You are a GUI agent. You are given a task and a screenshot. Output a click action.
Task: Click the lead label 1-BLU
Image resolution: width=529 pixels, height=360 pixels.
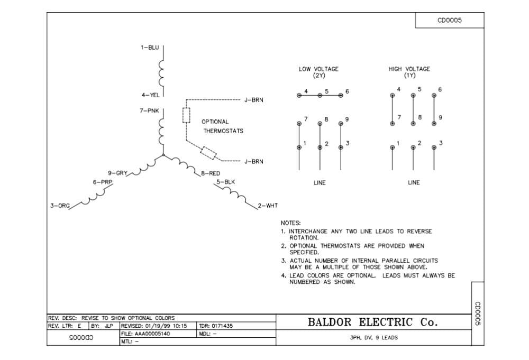point(150,48)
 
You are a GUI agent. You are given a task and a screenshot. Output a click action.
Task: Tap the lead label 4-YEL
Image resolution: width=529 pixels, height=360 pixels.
point(150,95)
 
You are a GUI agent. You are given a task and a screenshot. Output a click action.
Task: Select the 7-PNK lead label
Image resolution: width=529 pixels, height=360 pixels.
point(150,110)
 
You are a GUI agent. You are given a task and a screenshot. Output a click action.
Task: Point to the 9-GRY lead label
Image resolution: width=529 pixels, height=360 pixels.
point(117,173)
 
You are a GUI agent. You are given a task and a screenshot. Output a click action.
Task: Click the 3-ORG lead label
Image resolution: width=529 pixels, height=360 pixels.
point(60,206)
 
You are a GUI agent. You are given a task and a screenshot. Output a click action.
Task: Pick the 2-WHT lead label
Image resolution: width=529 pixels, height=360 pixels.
point(268,206)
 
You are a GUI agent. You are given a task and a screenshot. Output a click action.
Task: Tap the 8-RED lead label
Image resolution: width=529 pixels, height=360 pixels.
point(211,173)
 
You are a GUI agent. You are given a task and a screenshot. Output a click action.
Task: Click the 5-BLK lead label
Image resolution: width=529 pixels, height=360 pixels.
point(225,182)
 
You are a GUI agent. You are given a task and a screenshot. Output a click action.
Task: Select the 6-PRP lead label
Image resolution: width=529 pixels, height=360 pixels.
point(103,182)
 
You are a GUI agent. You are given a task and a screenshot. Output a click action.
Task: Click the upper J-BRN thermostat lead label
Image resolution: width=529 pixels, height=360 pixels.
point(254,99)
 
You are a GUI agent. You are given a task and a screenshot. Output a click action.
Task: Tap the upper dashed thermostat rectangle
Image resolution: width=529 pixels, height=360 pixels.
point(186,115)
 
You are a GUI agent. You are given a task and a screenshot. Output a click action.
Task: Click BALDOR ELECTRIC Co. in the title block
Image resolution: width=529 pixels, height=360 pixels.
point(372,322)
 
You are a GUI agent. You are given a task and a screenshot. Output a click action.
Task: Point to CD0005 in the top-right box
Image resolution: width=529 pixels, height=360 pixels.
point(450,21)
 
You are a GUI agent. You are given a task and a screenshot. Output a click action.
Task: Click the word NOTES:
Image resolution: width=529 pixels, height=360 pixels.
point(290,223)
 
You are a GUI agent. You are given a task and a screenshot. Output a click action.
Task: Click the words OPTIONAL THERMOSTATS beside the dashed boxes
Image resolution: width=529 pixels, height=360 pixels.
point(222,126)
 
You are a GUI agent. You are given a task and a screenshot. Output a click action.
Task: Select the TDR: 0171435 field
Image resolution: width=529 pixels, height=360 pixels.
point(215,326)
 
